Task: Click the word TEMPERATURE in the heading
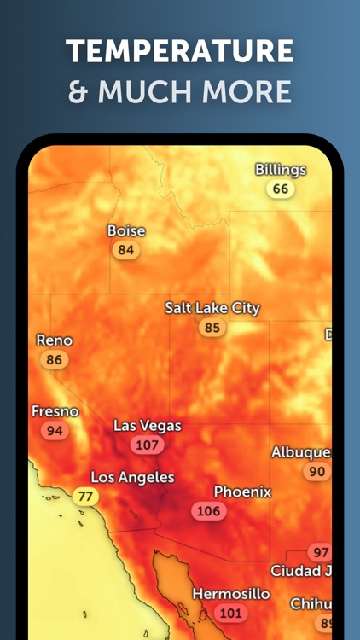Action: (180, 52)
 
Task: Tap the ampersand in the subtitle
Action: (78, 91)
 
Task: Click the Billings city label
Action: (281, 170)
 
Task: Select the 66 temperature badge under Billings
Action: (280, 189)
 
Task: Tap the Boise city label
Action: (126, 230)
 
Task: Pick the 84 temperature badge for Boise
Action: (126, 250)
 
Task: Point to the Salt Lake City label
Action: (212, 308)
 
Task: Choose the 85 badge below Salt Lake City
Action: (212, 328)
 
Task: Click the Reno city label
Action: (55, 340)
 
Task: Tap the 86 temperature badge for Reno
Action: (55, 360)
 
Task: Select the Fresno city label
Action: (55, 411)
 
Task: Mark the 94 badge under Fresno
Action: (55, 431)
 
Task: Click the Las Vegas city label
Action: (148, 426)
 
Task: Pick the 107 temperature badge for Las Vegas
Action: (148, 445)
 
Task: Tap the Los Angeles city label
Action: (132, 477)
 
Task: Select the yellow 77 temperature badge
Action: (84, 497)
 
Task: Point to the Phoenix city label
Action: (242, 492)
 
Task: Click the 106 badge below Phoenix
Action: (208, 511)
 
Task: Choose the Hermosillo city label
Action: (230, 593)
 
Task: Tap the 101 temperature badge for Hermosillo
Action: (230, 614)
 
